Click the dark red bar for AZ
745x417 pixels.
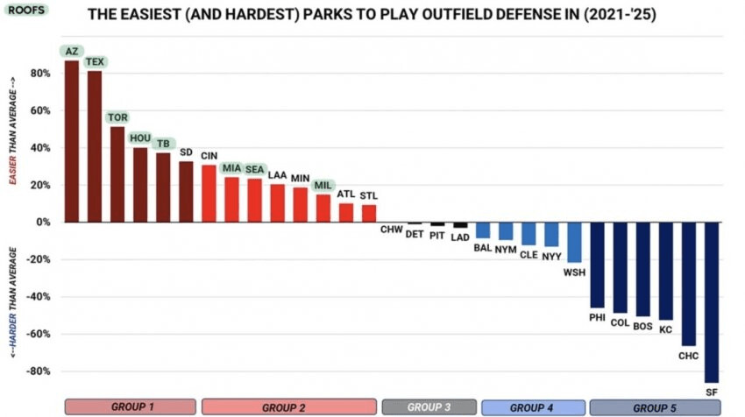[72, 141]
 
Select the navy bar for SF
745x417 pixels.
[712, 302]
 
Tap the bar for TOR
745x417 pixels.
[117, 174]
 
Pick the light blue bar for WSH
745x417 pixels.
[574, 242]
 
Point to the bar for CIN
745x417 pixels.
[209, 194]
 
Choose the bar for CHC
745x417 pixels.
[688, 284]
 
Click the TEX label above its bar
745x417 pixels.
[95, 61]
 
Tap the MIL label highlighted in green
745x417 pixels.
[323, 185]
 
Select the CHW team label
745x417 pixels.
[392, 230]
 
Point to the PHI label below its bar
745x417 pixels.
[597, 317]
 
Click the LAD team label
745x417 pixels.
[460, 237]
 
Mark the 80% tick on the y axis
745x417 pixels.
[40, 73]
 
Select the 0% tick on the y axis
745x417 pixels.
[43, 223]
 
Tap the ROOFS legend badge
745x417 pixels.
[26, 10]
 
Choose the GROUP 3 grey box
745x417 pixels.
[429, 407]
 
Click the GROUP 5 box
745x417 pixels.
[655, 407]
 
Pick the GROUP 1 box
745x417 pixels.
[131, 407]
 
